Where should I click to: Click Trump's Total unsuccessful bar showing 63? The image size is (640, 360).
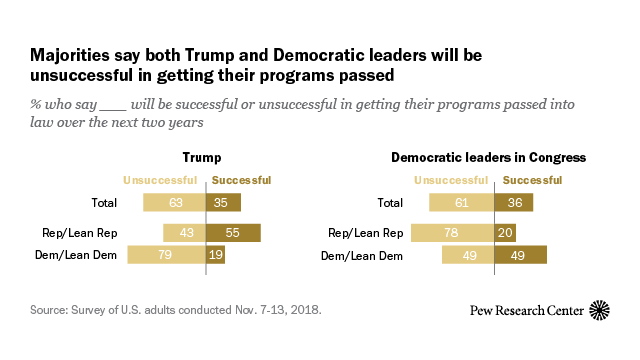coord(174,202)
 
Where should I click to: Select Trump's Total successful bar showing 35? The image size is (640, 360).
coord(223,202)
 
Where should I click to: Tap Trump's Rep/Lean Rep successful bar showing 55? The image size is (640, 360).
coord(233,233)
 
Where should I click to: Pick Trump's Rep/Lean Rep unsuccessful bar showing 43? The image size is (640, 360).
coord(184,233)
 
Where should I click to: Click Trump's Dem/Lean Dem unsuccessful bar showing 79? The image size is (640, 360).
coord(166,255)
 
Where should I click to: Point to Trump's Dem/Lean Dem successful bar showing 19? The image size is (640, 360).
coord(215,255)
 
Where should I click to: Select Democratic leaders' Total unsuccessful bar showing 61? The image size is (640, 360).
coord(459,202)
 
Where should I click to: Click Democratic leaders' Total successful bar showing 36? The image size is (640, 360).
coord(511,202)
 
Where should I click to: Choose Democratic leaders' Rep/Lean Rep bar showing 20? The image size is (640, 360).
coord(503,233)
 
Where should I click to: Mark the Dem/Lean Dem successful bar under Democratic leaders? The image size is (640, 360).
coord(518,255)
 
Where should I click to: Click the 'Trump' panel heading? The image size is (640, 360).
coord(201,157)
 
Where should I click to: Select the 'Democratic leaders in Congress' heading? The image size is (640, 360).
coord(487,157)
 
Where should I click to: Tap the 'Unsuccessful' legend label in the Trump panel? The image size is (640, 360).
coord(160,180)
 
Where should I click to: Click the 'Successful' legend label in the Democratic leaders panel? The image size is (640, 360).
coord(525,180)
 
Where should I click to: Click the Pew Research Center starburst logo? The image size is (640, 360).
coord(600,310)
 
